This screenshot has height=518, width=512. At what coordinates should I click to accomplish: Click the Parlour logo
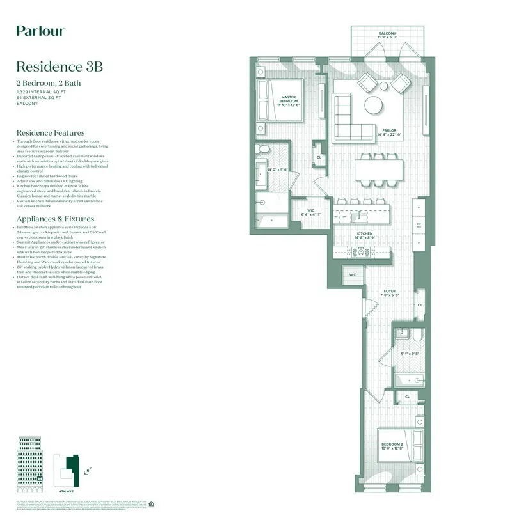click(x=40, y=31)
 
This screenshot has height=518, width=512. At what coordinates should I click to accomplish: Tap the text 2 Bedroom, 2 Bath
click(x=49, y=83)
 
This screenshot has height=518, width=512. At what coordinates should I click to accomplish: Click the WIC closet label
click(x=310, y=212)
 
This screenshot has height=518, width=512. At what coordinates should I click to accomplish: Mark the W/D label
click(x=353, y=276)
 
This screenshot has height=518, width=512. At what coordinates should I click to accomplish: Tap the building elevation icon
click(x=29, y=460)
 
